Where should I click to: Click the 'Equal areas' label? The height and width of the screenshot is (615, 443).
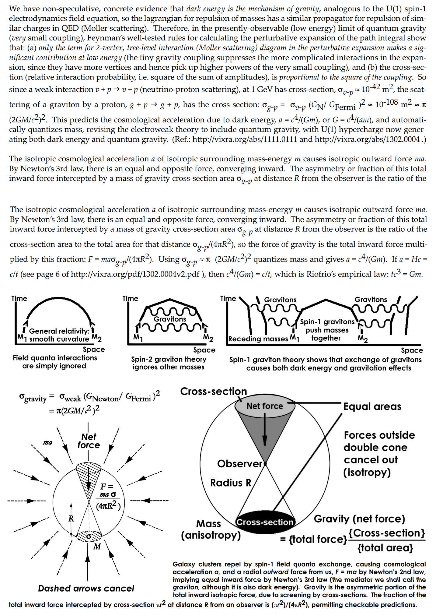[372, 406]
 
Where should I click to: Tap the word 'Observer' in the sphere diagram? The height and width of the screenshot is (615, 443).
[239, 464]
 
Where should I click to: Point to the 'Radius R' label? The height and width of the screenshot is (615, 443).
[231, 483]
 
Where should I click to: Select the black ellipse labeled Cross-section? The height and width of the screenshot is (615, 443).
[265, 522]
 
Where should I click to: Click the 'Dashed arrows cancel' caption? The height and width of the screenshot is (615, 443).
[86, 589]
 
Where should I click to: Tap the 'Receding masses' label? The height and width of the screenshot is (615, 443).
[258, 339]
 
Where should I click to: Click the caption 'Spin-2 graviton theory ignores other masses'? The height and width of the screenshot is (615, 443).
[169, 363]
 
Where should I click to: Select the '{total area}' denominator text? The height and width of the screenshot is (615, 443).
[385, 548]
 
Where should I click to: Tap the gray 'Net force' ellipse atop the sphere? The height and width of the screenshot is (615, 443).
[265, 406]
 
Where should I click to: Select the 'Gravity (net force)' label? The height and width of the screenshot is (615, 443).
[359, 518]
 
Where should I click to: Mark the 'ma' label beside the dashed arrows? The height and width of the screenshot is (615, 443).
[47, 442]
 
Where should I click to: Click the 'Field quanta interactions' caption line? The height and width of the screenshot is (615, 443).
[55, 358]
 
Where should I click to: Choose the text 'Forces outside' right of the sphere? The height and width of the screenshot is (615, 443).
[379, 435]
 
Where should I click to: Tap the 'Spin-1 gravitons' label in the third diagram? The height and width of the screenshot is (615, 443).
[327, 322]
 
